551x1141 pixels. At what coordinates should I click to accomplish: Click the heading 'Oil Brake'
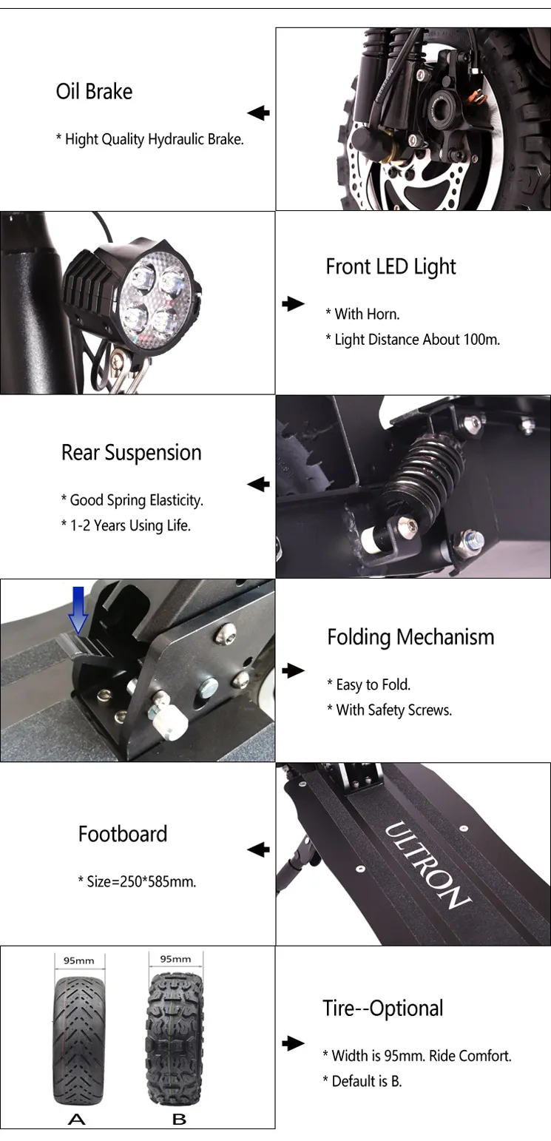click(94, 92)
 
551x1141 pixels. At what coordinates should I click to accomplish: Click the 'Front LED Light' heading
click(391, 267)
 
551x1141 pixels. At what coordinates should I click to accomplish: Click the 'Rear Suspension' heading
click(131, 453)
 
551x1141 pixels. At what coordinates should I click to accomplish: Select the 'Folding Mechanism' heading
click(410, 637)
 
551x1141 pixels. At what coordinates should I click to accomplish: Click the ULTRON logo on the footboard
click(427, 864)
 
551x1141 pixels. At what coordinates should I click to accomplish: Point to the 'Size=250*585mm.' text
click(139, 882)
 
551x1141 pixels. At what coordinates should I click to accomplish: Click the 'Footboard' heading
click(123, 834)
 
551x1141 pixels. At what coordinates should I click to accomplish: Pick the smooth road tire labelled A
click(79, 1040)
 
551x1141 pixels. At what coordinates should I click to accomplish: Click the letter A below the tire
click(76, 1119)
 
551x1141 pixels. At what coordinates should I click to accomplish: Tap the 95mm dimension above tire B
click(175, 959)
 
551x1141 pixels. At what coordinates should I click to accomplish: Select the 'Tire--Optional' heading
click(382, 1009)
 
